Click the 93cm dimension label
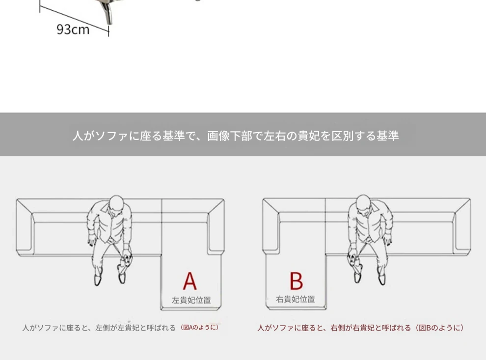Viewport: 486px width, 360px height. coord(73,29)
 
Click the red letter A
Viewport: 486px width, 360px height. coord(189,281)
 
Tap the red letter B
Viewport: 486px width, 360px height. coord(297,280)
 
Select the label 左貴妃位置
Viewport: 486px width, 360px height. coord(191,300)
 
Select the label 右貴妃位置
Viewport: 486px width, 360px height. coord(296,299)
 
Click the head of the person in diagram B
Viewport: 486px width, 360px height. coord(363,204)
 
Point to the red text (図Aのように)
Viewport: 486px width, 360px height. coord(200,328)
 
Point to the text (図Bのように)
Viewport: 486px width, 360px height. coord(439,328)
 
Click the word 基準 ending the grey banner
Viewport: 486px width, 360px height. coord(387,136)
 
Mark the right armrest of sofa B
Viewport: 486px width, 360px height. coord(462,227)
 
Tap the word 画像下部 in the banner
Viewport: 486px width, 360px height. coord(230,136)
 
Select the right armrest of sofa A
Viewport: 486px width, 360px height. coord(216,227)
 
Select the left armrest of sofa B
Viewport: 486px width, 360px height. coord(271,226)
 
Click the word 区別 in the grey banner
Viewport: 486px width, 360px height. coord(343,136)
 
